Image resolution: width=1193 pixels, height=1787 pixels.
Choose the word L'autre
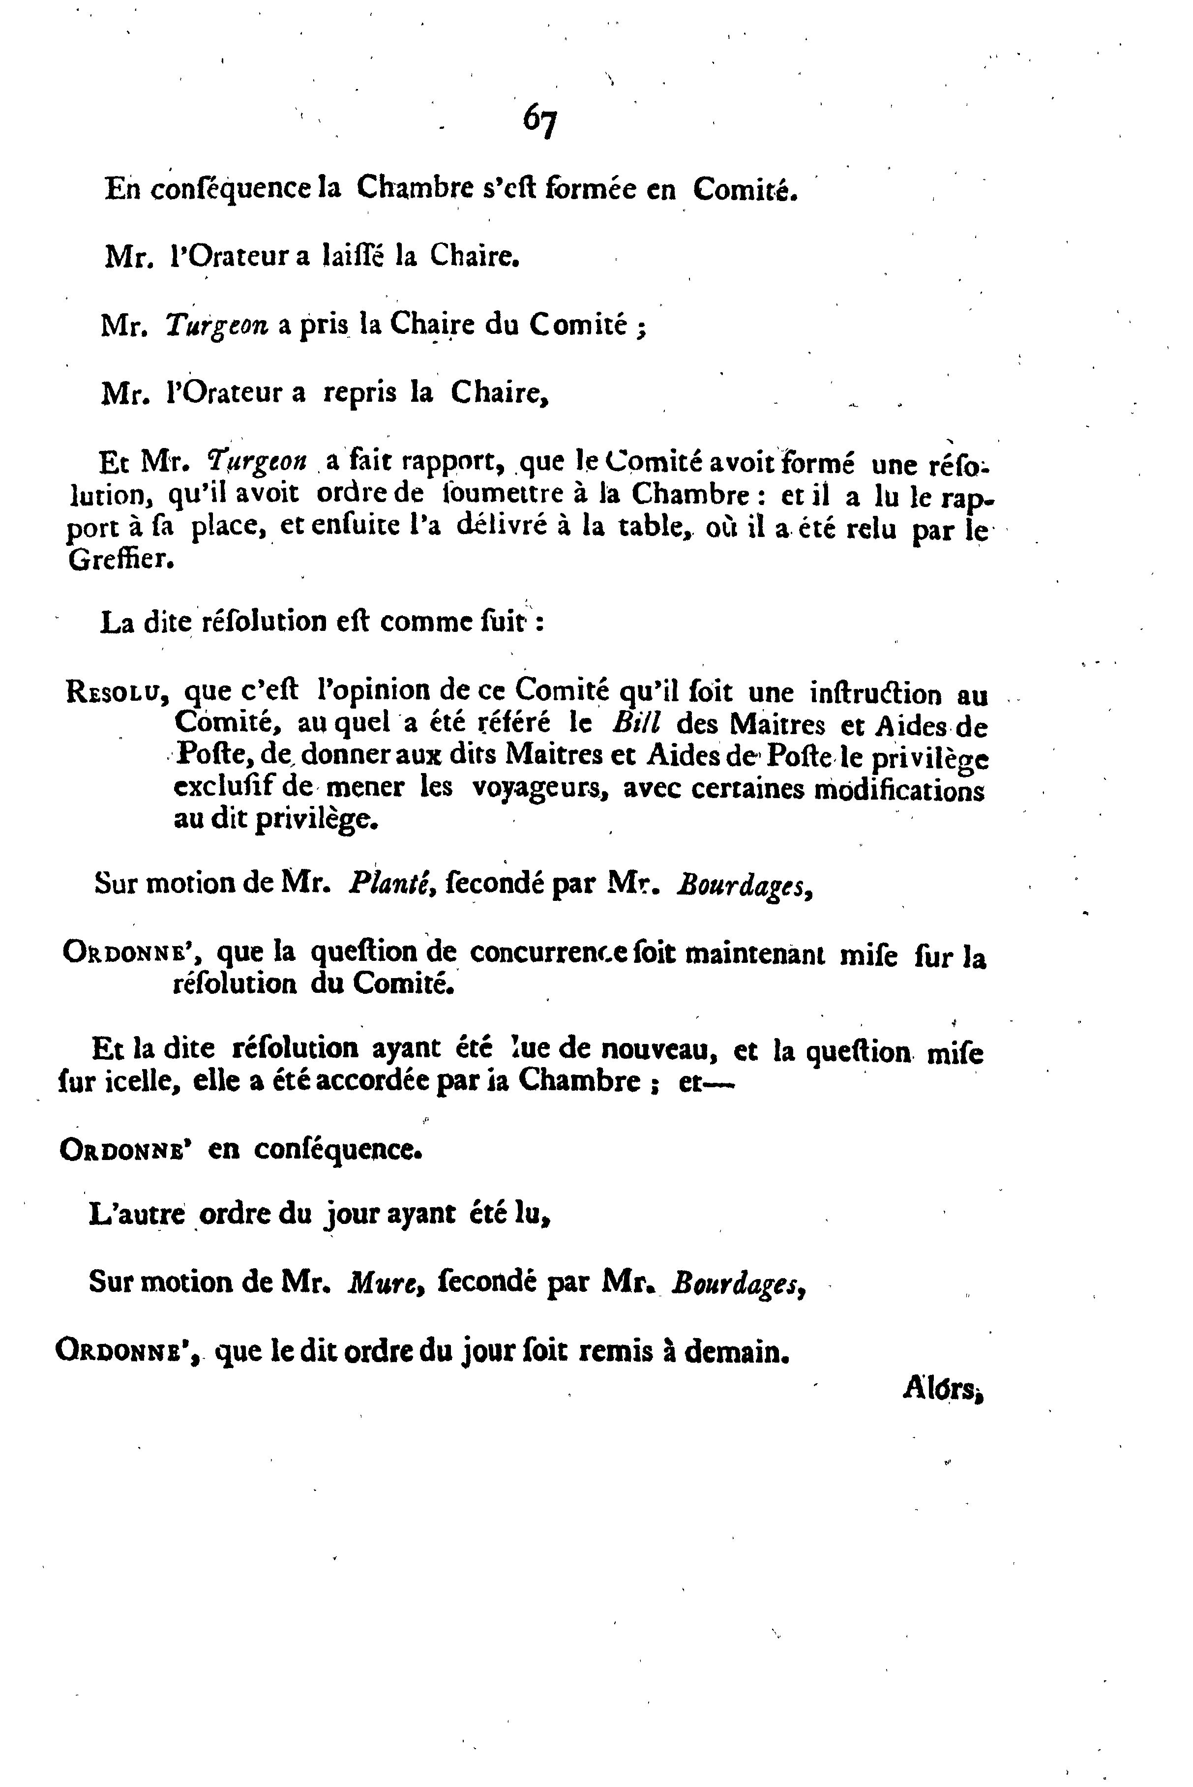tap(137, 1215)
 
